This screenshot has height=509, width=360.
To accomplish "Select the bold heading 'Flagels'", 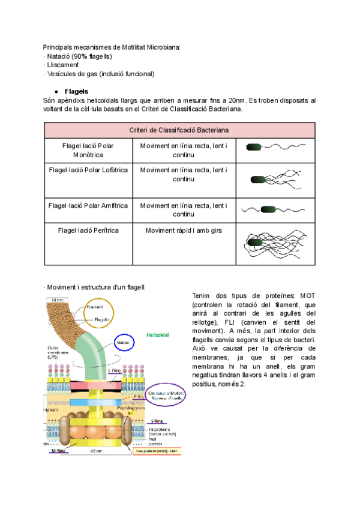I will pyautogui.click(x=76, y=91).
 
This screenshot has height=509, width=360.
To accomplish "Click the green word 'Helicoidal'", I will pyautogui.click(x=158, y=334).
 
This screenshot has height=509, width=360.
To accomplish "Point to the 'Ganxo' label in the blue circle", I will pyautogui.click(x=124, y=343).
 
